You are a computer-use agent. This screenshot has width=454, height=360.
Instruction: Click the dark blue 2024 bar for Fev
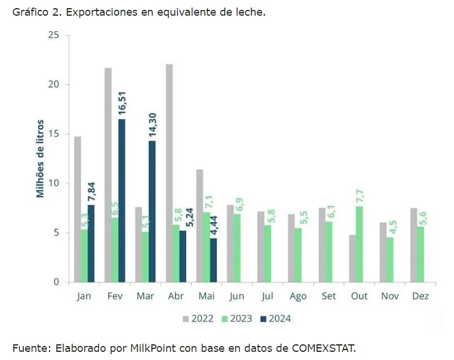tap(122, 201)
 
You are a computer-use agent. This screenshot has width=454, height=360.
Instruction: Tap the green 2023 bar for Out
tap(359, 244)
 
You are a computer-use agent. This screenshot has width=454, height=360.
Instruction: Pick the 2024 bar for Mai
tap(213, 260)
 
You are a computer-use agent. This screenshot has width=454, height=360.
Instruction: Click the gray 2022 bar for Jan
tap(77, 209)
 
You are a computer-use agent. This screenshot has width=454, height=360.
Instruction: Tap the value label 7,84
tap(91, 190)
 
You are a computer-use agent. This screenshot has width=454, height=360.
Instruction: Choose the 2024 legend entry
tap(276, 318)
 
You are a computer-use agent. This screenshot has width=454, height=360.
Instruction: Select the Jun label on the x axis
tap(237, 296)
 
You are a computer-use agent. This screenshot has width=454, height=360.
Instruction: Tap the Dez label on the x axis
tap(420, 296)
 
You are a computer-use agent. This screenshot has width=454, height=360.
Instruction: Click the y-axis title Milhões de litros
tap(41, 159)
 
